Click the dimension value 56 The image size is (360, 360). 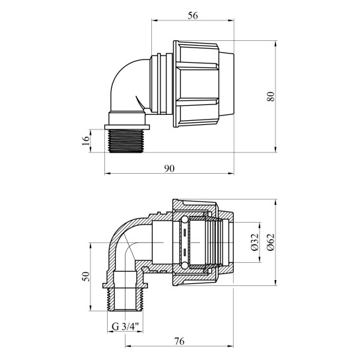pyautogui.click(x=193, y=16)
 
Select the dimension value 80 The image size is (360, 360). pyautogui.click(x=271, y=96)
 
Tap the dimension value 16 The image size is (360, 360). pyautogui.click(x=86, y=141)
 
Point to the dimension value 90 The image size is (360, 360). pyautogui.click(x=169, y=168)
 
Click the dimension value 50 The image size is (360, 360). pyautogui.click(x=86, y=276)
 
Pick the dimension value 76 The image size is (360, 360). pyautogui.click(x=179, y=342)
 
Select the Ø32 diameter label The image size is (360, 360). pyautogui.click(x=255, y=242)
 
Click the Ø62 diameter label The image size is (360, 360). pyautogui.click(x=271, y=242)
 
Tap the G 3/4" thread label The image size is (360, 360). pyautogui.click(x=126, y=326)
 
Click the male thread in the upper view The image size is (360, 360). pyautogui.click(x=126, y=141)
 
